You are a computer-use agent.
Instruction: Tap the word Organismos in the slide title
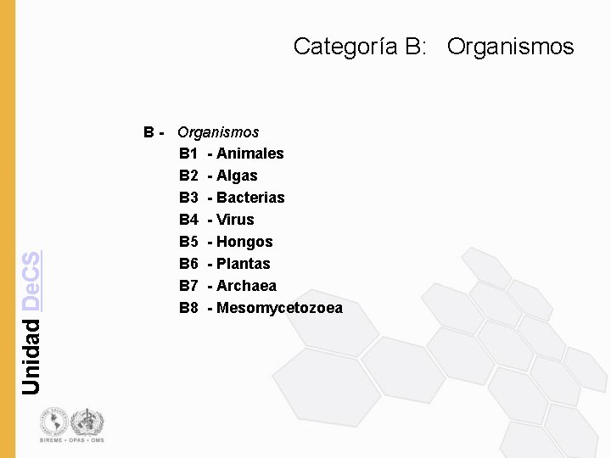pos(510,47)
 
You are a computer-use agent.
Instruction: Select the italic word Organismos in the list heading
pos(218,132)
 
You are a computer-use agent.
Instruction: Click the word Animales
pos(250,154)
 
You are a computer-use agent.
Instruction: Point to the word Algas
pos(237,176)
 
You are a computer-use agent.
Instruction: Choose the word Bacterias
pos(250,198)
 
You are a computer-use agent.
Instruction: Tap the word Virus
pos(235,220)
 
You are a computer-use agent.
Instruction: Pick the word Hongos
pos(244,242)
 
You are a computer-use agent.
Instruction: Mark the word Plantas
pos(243,264)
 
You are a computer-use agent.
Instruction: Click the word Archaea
pos(246,286)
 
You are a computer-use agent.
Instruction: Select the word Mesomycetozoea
pos(279,308)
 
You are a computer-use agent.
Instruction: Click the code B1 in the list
pos(188,154)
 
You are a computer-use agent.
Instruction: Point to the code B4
pos(188,220)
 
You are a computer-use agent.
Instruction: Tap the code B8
pos(188,308)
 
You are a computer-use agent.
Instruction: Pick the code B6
pos(188,264)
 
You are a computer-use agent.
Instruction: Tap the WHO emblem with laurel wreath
pos(87,421)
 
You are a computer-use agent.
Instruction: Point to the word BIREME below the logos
pos(50,440)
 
